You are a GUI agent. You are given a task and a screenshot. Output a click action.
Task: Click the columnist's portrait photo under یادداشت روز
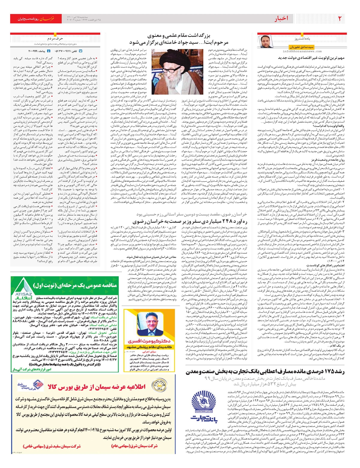pyautogui.click(x=266, y=41)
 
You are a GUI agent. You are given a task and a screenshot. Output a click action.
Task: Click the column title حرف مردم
pyautogui.click(x=55, y=38)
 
